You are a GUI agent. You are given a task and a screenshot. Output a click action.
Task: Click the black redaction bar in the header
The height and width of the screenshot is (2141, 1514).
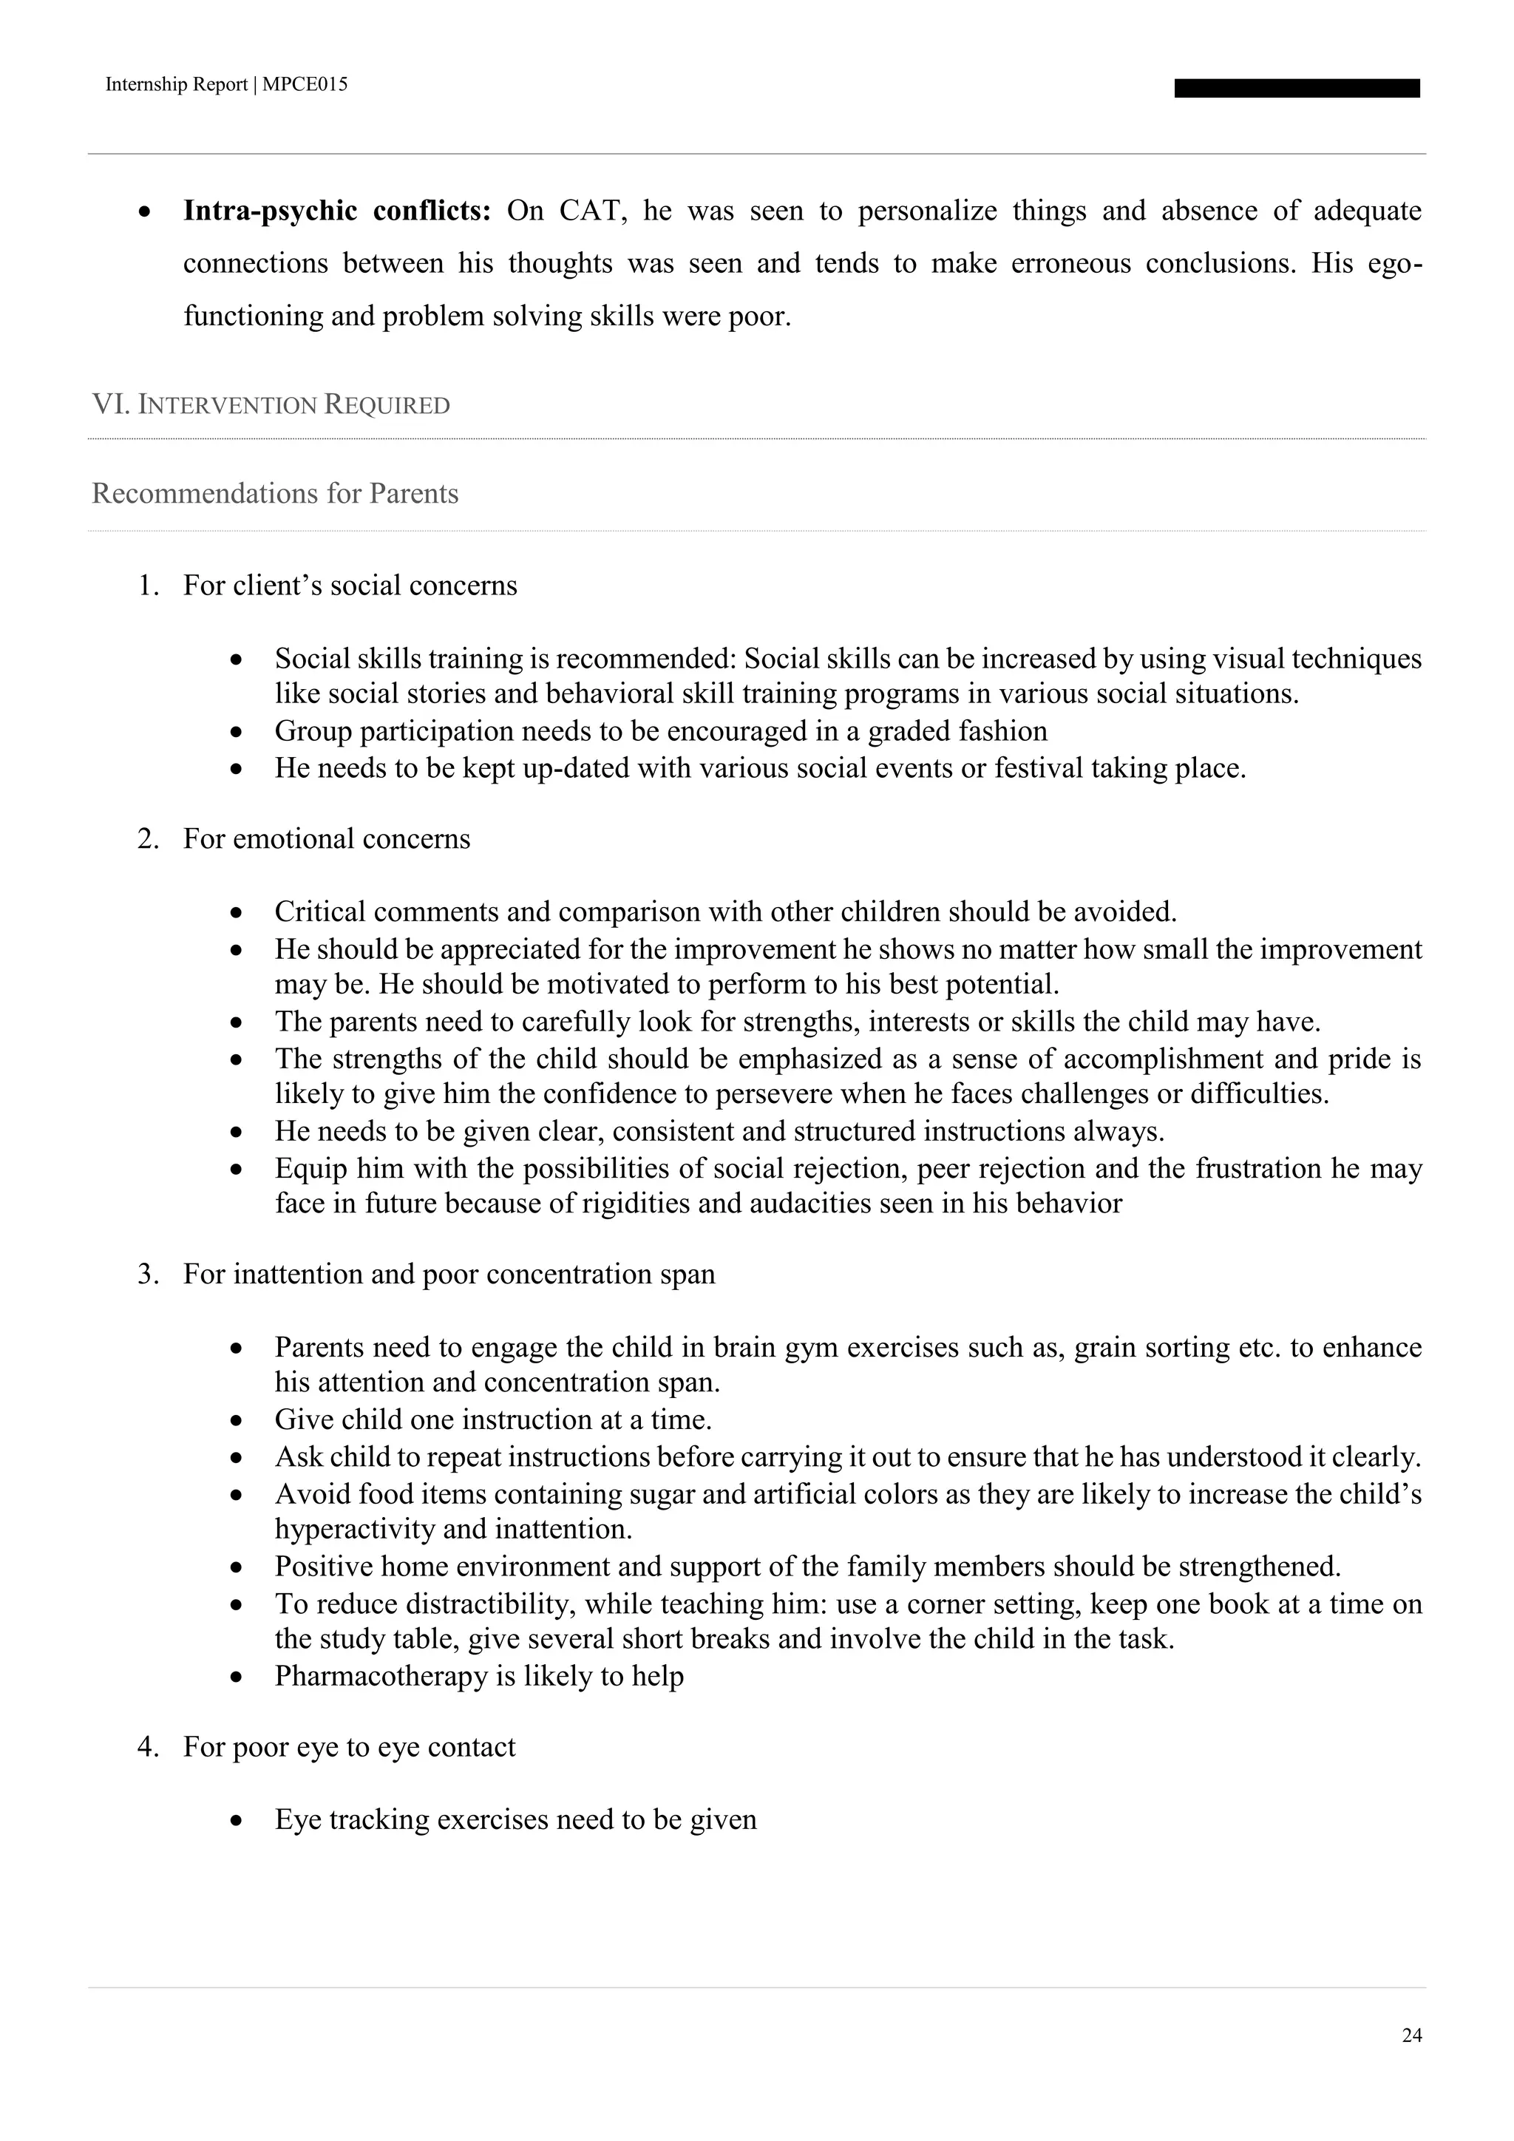[1296, 89]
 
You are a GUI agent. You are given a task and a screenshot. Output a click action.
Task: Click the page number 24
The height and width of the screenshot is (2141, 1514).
[1411, 2035]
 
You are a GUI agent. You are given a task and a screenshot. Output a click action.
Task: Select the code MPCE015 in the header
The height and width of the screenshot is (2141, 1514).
[306, 85]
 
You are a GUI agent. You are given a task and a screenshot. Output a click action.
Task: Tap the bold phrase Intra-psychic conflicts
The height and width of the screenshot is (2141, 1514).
[336, 211]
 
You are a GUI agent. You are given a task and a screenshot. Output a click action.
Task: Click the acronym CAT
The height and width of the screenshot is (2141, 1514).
[586, 211]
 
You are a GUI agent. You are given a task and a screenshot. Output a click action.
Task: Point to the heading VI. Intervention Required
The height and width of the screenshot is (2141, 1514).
[271, 404]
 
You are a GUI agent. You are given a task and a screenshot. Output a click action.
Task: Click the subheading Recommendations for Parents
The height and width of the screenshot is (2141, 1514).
[275, 492]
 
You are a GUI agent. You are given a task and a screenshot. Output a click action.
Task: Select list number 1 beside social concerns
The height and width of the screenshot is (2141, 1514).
[147, 586]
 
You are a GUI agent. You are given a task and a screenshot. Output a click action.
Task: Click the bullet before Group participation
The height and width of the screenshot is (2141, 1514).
[239, 732]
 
